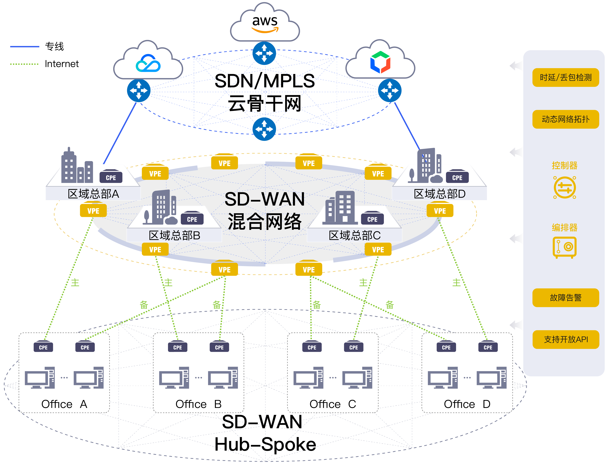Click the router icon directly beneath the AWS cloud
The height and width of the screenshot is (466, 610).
(264, 53)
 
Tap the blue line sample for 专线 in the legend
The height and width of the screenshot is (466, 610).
(25, 47)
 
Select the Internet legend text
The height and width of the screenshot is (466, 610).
(62, 64)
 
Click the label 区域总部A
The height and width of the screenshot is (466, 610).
(93, 194)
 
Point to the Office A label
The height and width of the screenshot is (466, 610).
(64, 404)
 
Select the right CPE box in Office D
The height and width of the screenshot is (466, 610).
(488, 347)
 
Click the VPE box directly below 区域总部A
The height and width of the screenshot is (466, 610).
(93, 211)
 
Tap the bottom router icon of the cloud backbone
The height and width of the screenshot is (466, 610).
(264, 129)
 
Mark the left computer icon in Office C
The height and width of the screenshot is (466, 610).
(308, 378)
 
